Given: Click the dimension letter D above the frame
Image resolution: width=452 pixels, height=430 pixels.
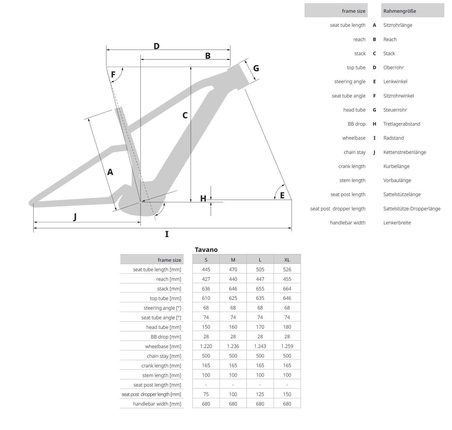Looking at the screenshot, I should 156,46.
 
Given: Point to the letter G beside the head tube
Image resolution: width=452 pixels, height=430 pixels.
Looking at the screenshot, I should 256,68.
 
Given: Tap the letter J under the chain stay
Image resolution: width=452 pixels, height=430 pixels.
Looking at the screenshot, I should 75,217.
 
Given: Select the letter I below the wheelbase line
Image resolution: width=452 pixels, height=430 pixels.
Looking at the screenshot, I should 167,234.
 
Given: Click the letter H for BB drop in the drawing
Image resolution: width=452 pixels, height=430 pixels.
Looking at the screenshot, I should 203,199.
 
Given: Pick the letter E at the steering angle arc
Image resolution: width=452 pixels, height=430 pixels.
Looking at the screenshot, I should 282,196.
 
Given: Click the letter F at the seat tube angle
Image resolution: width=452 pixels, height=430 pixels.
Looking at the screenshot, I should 113,75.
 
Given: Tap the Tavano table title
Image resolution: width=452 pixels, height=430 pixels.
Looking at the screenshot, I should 206,250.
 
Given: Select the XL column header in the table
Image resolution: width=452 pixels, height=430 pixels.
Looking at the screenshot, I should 287,260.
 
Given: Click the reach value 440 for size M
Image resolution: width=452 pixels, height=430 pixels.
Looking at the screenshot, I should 233,279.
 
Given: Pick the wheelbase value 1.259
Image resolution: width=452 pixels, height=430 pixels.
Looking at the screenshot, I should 287,346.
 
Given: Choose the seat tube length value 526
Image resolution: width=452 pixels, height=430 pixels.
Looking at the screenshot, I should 287,269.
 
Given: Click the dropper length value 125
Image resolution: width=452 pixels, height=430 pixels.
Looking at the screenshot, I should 260,394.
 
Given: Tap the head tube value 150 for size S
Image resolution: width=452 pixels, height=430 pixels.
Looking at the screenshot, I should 206,327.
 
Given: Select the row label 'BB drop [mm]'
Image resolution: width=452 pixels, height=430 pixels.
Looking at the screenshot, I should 166,337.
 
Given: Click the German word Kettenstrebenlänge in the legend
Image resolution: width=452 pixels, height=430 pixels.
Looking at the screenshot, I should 404,152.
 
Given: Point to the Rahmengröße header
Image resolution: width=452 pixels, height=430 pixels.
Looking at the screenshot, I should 399,11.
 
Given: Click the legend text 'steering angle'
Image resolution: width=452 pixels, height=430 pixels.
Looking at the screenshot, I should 350,82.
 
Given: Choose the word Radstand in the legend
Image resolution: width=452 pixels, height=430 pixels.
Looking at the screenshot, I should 393,138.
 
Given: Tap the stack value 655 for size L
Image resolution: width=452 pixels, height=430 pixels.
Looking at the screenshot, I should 260,289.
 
